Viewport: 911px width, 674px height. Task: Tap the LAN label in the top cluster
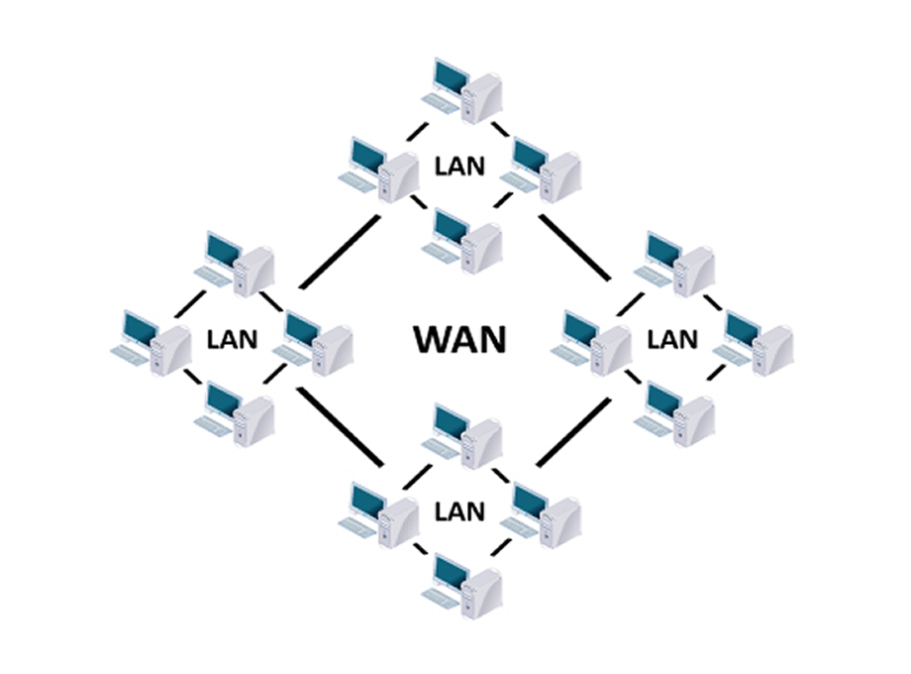tap(459, 165)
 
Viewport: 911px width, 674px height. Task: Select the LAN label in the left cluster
tap(232, 339)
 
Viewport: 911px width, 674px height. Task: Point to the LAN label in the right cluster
tap(672, 339)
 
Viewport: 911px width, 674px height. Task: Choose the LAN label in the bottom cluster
tap(459, 511)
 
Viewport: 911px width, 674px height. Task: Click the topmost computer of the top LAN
tap(467, 90)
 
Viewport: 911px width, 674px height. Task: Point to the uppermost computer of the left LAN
tap(241, 264)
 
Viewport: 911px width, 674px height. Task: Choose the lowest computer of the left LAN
tap(241, 412)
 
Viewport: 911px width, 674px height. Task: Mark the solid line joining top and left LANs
tap(340, 252)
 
